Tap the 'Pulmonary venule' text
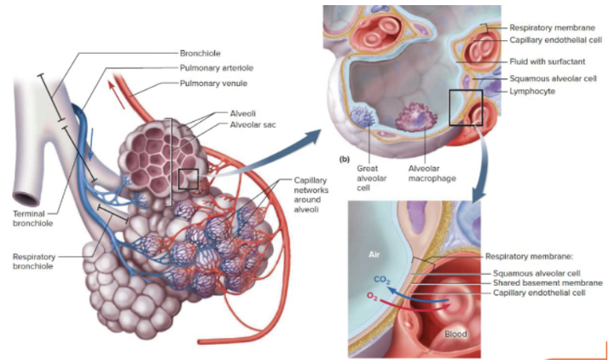(212, 84)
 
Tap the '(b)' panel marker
(345, 160)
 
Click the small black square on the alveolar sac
(188, 179)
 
